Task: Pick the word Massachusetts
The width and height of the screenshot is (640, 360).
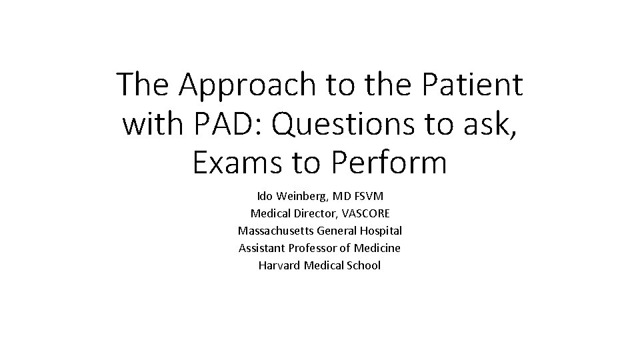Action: tap(275, 231)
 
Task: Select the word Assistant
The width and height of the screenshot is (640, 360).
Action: tap(261, 248)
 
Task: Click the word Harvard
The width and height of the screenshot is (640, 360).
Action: tap(279, 265)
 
